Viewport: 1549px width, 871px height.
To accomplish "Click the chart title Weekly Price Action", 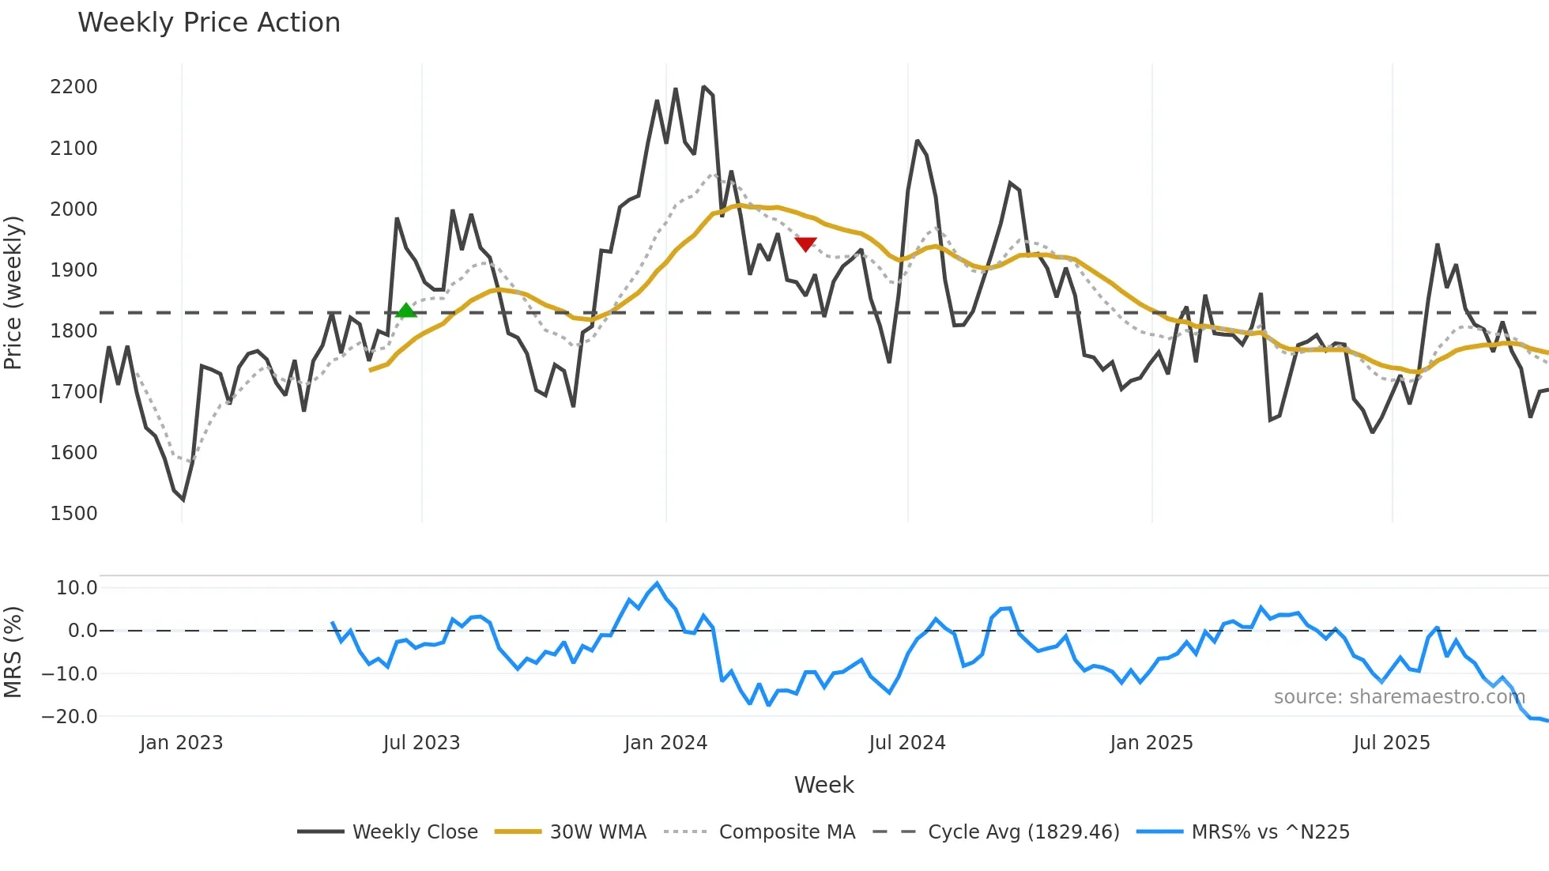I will pos(209,23).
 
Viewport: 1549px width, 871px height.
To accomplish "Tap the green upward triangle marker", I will pos(405,311).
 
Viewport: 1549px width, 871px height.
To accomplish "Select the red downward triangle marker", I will pos(805,244).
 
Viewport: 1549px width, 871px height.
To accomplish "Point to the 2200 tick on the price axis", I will pos(73,87).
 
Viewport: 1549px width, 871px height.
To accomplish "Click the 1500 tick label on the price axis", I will pos(73,514).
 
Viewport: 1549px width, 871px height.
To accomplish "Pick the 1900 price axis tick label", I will pos(73,270).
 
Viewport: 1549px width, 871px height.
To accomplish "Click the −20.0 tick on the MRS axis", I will pos(70,717).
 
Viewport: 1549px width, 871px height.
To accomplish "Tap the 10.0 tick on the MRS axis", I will pos(77,588).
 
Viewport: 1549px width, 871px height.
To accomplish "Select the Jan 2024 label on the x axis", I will pos(665,743).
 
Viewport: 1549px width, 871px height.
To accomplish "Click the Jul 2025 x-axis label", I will pos(1391,743).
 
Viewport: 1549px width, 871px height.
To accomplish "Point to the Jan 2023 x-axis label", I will pos(181,743).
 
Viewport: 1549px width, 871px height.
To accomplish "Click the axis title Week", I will pos(823,785).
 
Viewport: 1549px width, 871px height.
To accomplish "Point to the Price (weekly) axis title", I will pos(13,292).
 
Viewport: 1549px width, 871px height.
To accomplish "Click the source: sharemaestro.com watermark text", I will pos(1399,697).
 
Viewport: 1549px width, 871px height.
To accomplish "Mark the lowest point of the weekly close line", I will pos(183,500).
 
